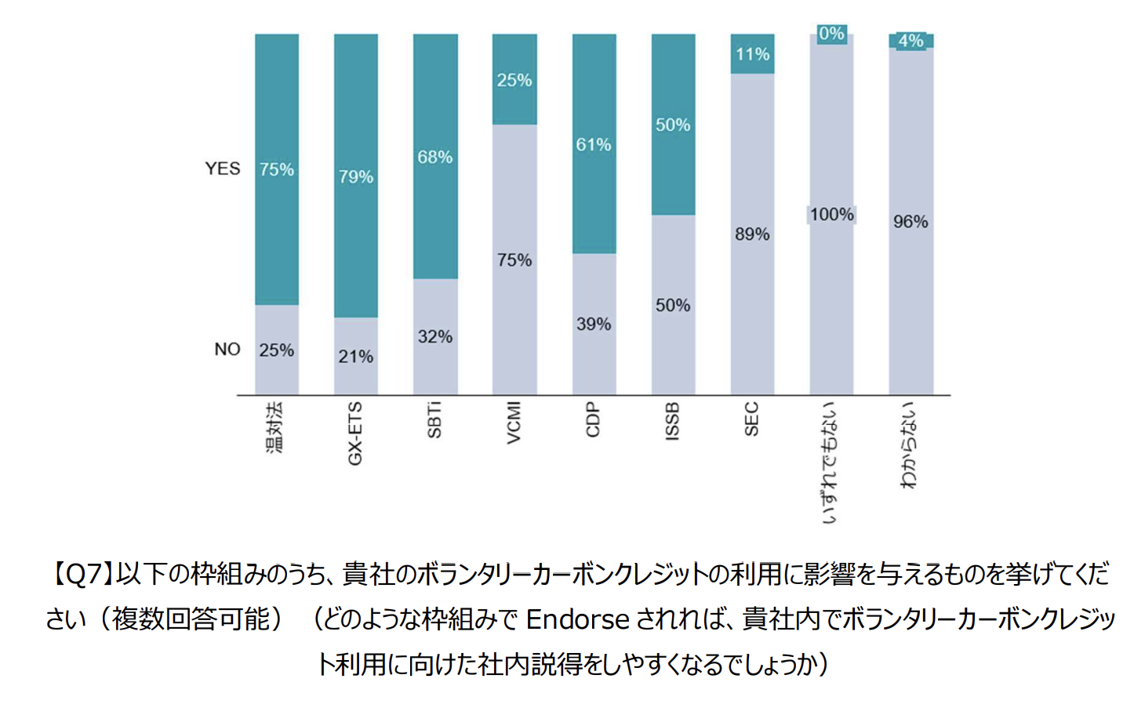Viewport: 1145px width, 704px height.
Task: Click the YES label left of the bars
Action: coord(223,169)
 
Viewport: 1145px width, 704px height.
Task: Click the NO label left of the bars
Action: coord(227,350)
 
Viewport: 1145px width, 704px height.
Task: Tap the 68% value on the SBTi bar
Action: coord(434,158)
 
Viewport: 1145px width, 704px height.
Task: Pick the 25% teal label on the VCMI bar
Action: coord(514,80)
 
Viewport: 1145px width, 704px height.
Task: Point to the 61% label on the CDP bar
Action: coord(594,145)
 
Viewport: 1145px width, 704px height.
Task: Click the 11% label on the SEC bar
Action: coord(752,55)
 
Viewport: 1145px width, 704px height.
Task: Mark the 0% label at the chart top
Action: coord(831,34)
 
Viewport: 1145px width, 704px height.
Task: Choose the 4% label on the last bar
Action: coord(911,41)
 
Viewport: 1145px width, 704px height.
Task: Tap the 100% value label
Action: coord(831,215)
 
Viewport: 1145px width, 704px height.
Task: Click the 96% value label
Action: coord(911,222)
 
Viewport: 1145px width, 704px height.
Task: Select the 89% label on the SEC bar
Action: coord(752,234)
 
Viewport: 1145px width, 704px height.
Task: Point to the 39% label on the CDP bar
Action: coord(594,325)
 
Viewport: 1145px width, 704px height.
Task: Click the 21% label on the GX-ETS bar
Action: coord(356,357)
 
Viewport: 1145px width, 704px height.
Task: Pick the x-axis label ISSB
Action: coord(672,421)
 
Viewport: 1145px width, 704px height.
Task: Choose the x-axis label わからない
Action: coord(910,445)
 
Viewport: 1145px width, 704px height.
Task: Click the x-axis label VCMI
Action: coord(514,423)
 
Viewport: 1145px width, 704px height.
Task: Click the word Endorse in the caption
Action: coord(577,620)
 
